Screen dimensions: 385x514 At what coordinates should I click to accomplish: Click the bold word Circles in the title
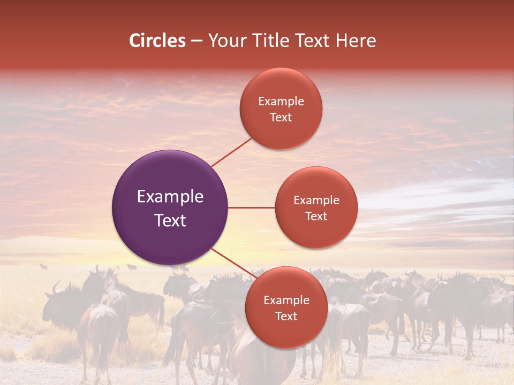(157, 41)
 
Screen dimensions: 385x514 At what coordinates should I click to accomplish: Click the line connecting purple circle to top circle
(231, 152)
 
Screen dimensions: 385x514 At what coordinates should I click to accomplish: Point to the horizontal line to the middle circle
(251, 207)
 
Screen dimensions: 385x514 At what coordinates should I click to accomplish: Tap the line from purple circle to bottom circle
(233, 262)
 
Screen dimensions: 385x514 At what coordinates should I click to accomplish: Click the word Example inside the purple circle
(170, 197)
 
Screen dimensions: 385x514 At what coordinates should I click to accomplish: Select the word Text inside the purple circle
(170, 220)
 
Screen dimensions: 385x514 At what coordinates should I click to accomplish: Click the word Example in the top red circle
(281, 102)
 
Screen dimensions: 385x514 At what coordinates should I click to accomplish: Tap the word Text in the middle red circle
(316, 217)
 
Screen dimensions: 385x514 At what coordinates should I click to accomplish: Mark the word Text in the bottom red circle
(286, 317)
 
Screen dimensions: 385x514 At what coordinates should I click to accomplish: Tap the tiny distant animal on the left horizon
(43, 266)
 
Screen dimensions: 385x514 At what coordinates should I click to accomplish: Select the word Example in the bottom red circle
(286, 301)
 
